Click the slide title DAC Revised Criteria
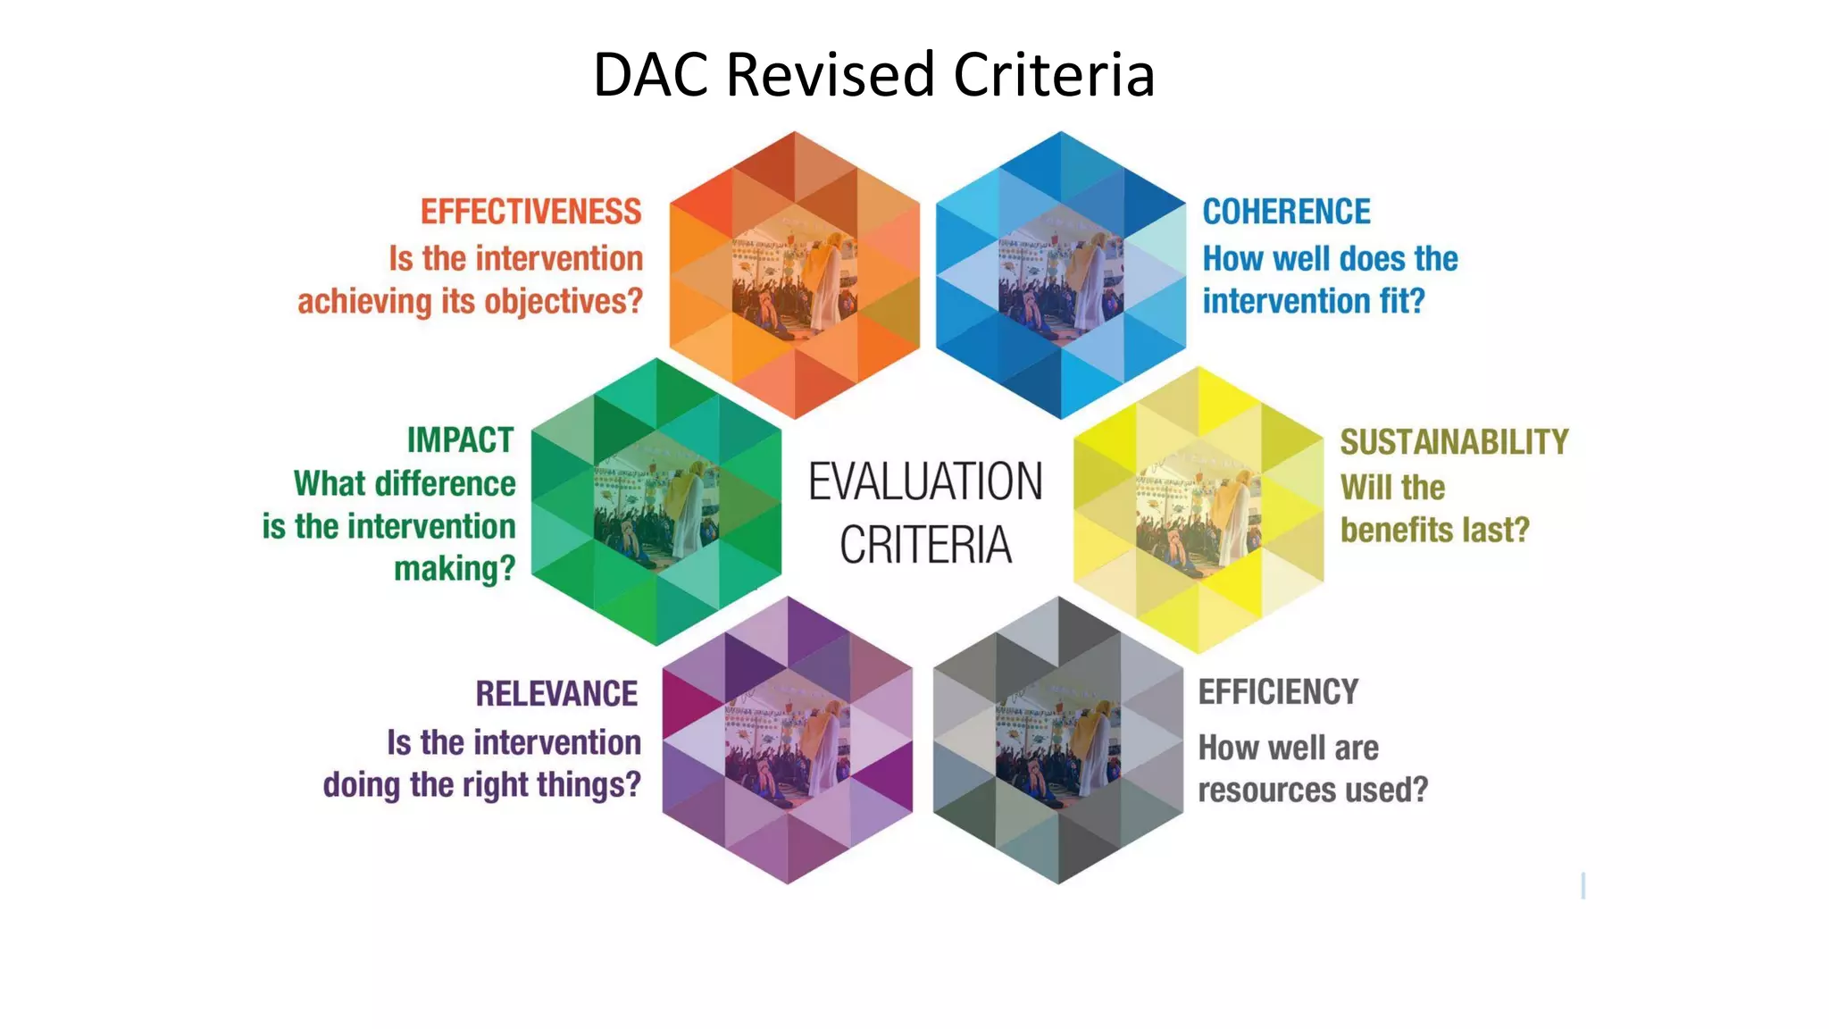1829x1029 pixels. coord(873,74)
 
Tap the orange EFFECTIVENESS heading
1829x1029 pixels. coord(530,212)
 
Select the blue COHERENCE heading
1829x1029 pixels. coord(1286,212)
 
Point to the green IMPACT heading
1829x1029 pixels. coord(460,439)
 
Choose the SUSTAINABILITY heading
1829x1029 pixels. coord(1453,442)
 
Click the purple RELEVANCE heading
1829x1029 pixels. coord(556,693)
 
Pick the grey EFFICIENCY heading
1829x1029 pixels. coord(1278,692)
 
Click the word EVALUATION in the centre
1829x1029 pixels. coord(925,482)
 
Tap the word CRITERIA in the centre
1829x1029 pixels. coord(925,545)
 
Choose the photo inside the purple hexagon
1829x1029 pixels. coord(787,741)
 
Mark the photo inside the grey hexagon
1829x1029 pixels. coord(1058,741)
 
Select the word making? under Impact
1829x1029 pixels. coord(455,569)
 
